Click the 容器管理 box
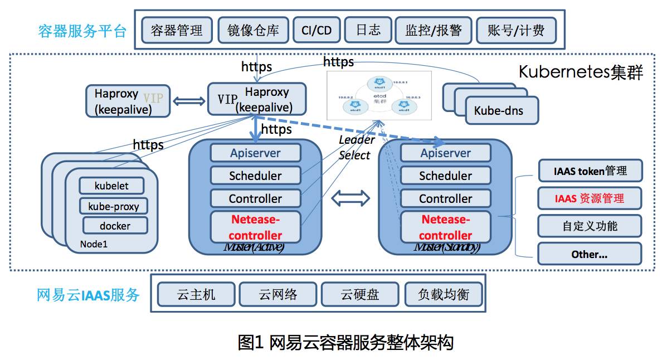coord(176,30)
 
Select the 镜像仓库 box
coord(253,30)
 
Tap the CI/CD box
coord(316,30)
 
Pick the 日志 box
coord(368,30)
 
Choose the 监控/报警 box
coord(433,30)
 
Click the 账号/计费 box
coord(516,30)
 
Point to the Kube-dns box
coord(498,110)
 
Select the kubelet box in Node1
coord(111,186)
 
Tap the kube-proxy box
coord(114,206)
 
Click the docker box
coord(115,226)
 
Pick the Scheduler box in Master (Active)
coord(255,176)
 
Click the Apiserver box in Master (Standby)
coord(445,153)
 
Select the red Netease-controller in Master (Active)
coord(255,227)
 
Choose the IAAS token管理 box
coord(590,171)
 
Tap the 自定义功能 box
coord(590,226)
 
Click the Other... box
coord(590,254)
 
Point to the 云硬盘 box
coord(360,294)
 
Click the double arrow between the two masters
coord(351,197)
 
